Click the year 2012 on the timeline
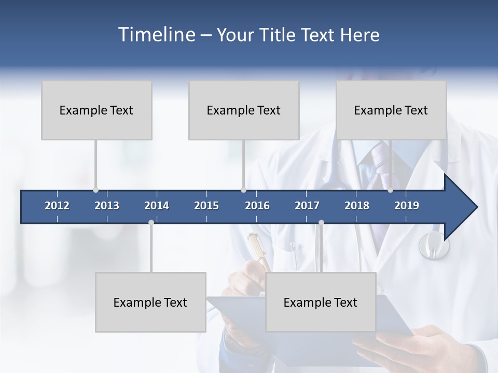coord(57,206)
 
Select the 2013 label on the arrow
coord(107,206)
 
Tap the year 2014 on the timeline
coord(157,206)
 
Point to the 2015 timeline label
coord(206,206)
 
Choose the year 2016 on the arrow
coord(257,206)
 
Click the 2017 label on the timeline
coord(307,206)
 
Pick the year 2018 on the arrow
coord(357,206)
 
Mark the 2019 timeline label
coord(407,206)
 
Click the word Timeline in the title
coord(156,35)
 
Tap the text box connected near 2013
coord(96,110)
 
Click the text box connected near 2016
coord(244,110)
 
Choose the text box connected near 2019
coord(391,110)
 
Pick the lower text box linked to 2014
coord(150,302)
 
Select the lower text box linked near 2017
coord(321,302)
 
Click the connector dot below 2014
coord(151,223)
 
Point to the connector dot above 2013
coord(95,190)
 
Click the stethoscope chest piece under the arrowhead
coord(433,246)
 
